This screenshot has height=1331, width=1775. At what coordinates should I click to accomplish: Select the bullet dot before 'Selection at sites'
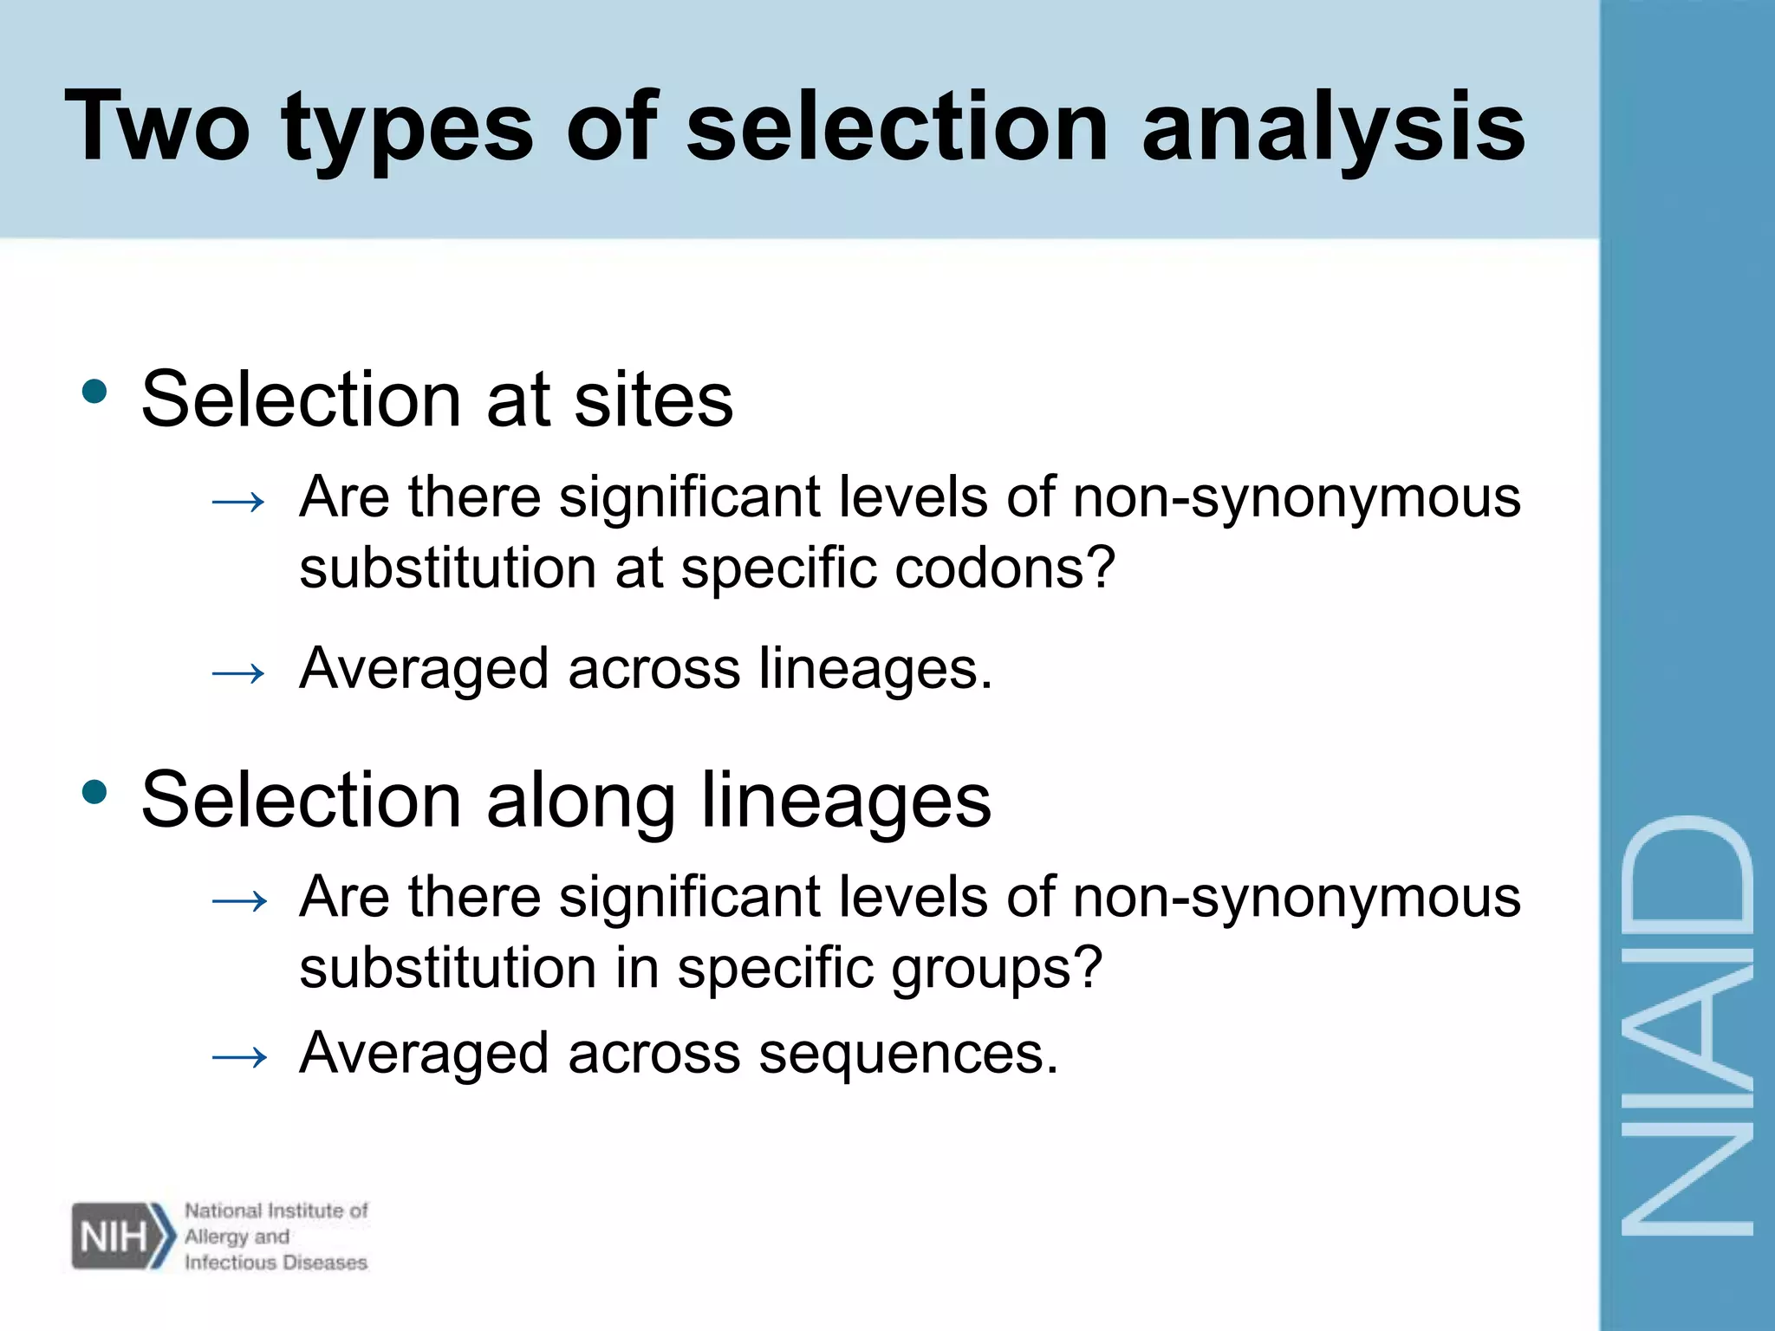point(94,392)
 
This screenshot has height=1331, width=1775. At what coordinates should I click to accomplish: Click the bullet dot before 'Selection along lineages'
point(94,791)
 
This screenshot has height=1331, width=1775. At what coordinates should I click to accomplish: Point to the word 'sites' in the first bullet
point(653,399)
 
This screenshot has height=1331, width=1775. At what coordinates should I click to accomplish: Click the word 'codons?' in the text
point(1005,568)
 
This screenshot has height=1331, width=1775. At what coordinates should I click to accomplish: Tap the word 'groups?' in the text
point(997,970)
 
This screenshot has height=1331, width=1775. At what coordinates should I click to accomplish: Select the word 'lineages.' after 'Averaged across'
point(875,669)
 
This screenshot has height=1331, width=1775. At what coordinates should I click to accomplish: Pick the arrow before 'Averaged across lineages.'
point(238,672)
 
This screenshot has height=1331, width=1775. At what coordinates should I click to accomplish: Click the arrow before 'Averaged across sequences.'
point(238,1057)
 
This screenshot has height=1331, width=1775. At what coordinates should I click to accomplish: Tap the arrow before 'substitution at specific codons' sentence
point(238,501)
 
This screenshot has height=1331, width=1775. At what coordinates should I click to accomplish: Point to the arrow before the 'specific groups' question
point(238,901)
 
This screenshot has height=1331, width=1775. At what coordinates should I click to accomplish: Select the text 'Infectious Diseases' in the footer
point(276,1263)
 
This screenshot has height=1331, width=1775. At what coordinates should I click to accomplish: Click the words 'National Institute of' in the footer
point(276,1211)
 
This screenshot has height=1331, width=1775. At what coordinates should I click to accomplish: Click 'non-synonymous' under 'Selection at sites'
point(1297,497)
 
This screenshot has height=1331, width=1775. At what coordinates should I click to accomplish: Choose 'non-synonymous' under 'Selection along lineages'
point(1297,897)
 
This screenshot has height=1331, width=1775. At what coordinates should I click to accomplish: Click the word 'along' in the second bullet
point(580,801)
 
